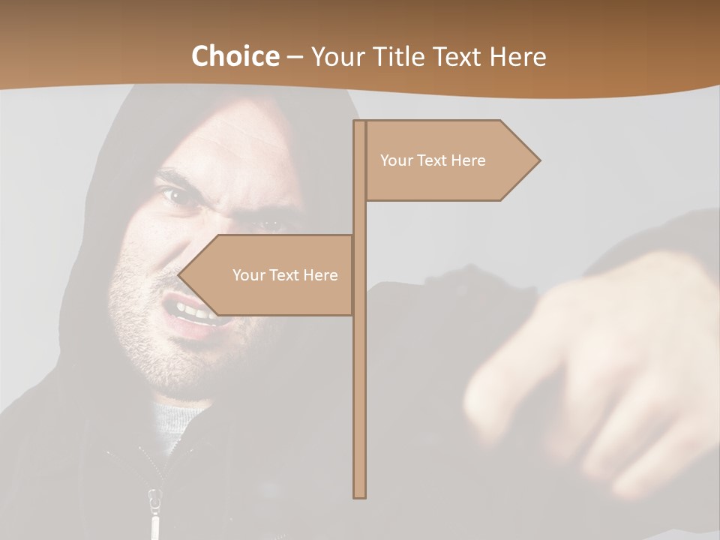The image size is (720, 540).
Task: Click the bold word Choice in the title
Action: pos(235,56)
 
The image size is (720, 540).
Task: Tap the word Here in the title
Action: pos(517,56)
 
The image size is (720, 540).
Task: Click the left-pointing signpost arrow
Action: pos(270,274)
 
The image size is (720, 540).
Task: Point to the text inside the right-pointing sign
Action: pos(433,160)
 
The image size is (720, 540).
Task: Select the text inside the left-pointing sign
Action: pos(285,275)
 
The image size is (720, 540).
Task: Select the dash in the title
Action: pos(294,57)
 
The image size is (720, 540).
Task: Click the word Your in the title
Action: pos(334,56)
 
